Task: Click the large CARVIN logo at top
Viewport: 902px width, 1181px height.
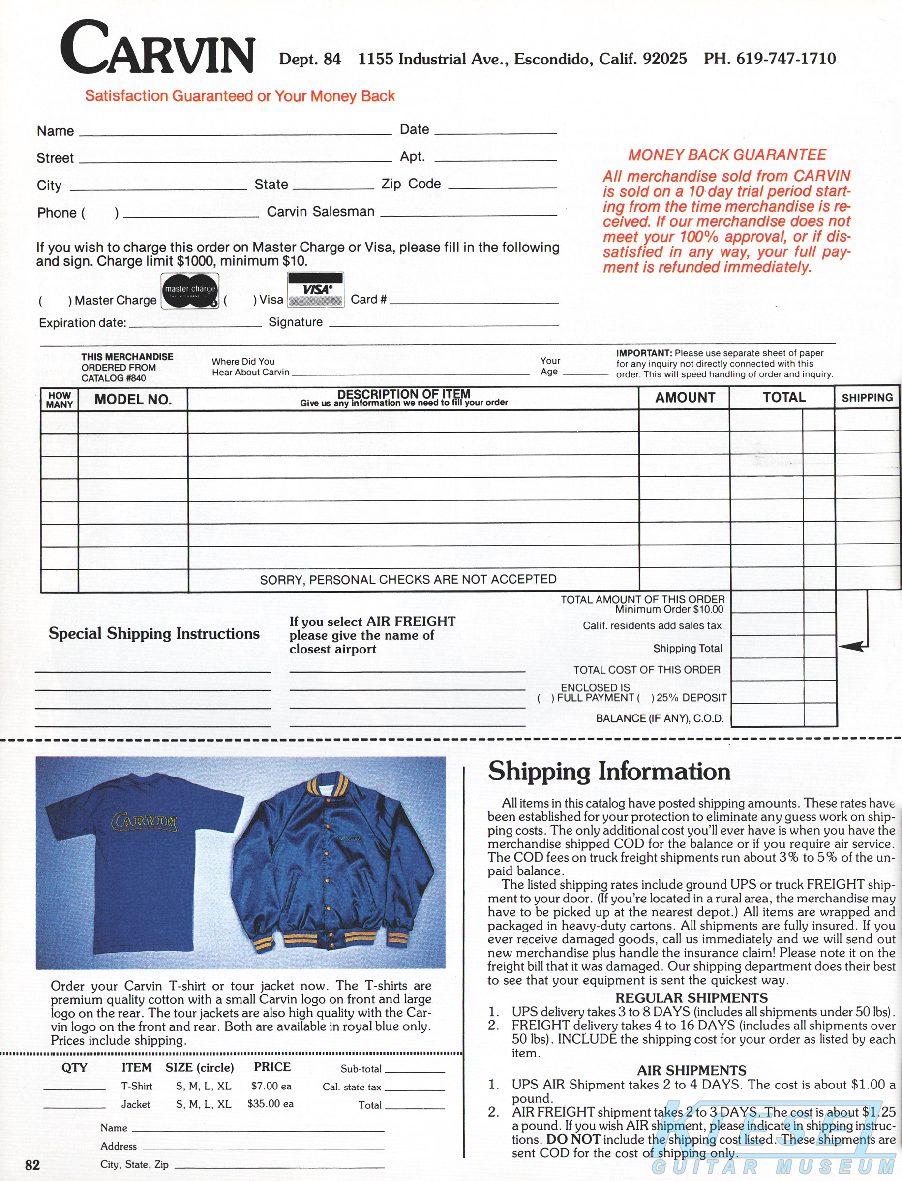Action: point(157,48)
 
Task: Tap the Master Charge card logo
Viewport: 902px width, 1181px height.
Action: point(189,292)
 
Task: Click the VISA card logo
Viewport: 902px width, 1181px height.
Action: point(316,289)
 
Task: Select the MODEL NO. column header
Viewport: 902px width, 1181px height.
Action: point(133,400)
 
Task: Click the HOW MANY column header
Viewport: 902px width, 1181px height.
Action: point(59,400)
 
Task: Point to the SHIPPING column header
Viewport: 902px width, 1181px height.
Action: point(867,398)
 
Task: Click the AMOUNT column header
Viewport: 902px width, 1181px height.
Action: point(685,398)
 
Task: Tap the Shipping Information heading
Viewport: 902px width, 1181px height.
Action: point(609,772)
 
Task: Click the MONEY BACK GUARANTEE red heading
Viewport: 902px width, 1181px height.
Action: point(727,155)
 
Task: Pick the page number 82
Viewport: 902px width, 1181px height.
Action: point(32,1164)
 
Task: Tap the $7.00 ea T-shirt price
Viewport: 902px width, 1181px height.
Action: point(271,1086)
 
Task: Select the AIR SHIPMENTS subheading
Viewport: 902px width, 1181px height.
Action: point(692,1070)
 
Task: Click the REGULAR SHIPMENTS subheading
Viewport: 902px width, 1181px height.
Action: point(692,998)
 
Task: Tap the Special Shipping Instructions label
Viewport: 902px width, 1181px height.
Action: point(154,634)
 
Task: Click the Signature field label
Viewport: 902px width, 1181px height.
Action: point(295,322)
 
